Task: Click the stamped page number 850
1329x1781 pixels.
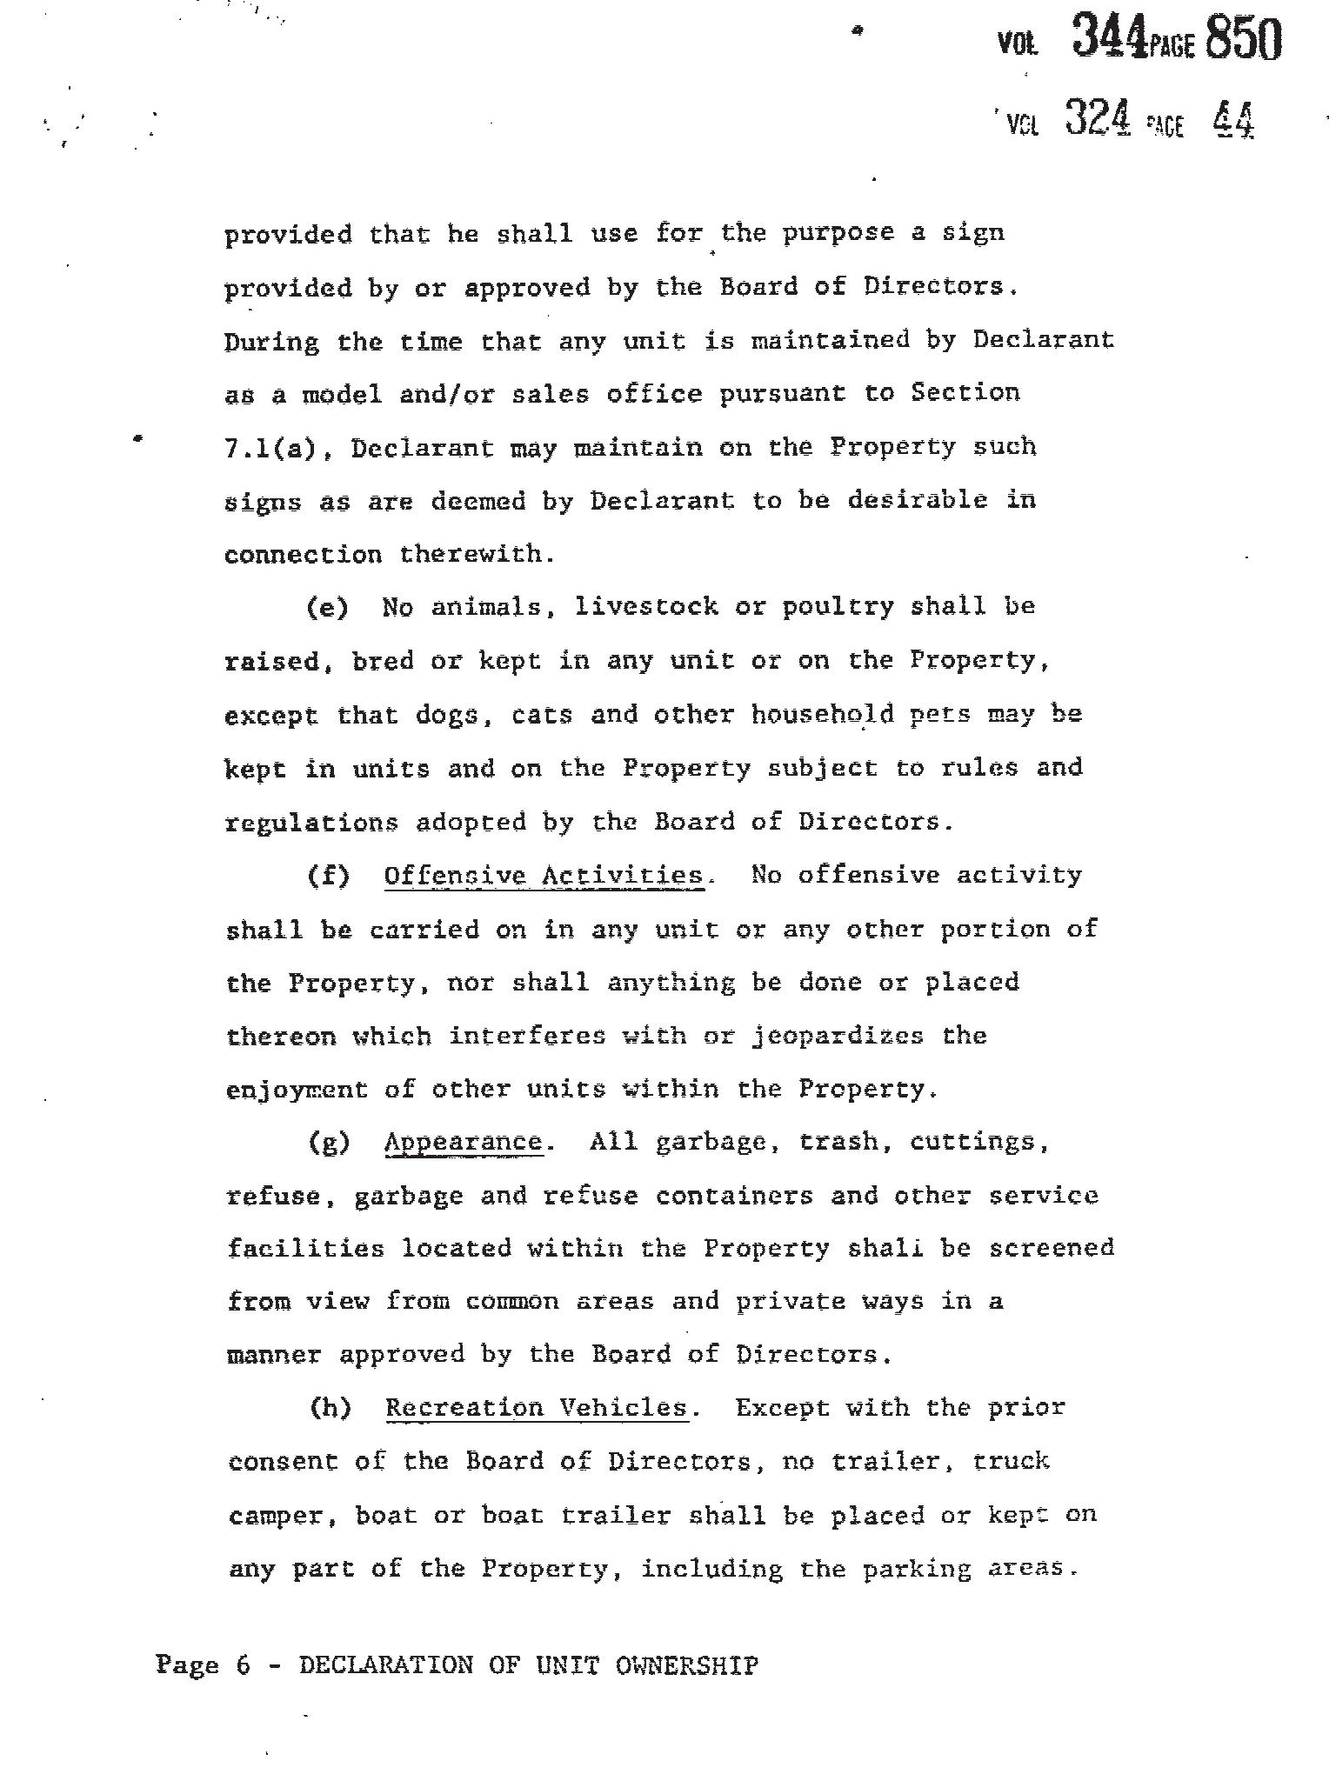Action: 1244,39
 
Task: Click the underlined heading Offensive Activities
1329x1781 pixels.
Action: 544,875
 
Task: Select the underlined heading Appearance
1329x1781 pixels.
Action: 464,1142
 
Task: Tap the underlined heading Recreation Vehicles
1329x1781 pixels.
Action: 537,1408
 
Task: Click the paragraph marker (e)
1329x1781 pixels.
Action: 328,608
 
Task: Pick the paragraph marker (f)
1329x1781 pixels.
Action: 329,875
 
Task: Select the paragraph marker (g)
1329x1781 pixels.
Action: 329,1143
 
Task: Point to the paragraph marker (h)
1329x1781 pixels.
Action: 331,1408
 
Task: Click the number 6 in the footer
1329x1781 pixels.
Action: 243,1666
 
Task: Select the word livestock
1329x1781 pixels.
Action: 646,607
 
